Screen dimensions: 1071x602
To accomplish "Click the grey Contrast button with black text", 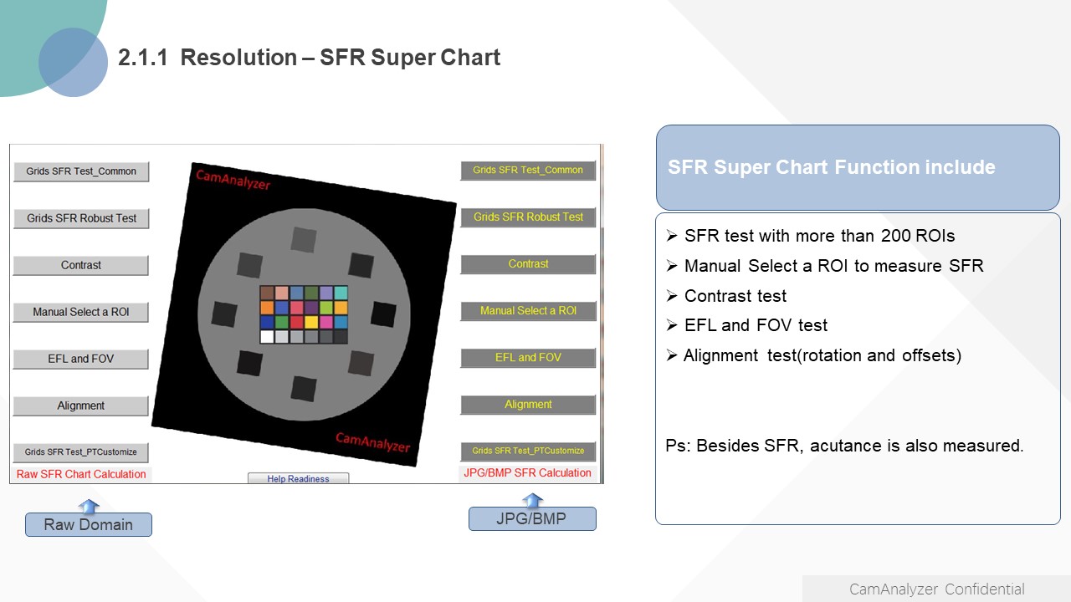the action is coord(81,265).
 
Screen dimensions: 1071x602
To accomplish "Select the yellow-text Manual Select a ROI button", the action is coord(528,311).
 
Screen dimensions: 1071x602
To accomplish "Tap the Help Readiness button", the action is coord(299,478).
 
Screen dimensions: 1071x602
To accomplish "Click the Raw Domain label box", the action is coord(89,524).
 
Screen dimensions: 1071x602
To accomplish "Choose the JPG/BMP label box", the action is coord(532,518).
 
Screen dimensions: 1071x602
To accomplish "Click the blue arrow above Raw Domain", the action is coord(89,506).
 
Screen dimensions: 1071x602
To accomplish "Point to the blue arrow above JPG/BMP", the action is coord(533,500).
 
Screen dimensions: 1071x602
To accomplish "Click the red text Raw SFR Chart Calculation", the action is coord(81,474).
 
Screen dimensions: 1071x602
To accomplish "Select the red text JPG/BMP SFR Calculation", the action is coord(527,472).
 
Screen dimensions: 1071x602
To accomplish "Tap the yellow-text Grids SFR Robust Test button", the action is coord(528,217).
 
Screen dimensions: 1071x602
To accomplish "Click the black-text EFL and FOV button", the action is coord(81,359).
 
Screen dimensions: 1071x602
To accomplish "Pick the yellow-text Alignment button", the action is coord(528,405).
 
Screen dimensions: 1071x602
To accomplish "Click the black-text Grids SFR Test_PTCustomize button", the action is coord(81,452).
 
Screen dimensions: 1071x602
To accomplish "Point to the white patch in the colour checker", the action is coord(267,336).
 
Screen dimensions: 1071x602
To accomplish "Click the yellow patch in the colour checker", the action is coord(311,322).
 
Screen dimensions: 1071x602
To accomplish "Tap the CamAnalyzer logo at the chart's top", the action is coord(233,179).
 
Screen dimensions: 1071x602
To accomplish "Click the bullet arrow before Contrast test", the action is coord(672,296).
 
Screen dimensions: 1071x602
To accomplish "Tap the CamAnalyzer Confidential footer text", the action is coord(936,589).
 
